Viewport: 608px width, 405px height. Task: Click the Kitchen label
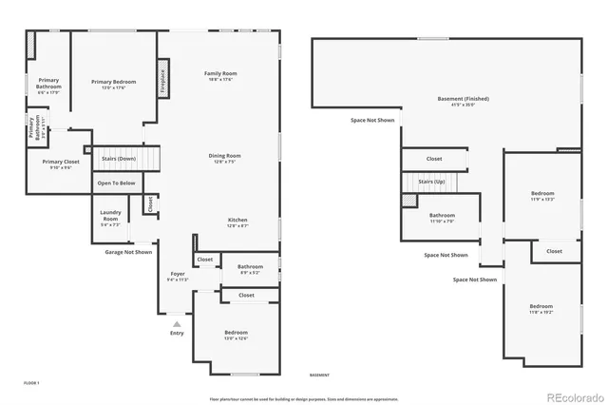237,222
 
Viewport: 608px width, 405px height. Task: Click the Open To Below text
116,183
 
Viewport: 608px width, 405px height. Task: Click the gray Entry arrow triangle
177,324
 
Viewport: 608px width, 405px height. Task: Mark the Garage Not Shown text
128,252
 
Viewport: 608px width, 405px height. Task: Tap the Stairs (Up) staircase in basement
425,181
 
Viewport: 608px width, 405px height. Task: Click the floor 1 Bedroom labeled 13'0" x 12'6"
236,336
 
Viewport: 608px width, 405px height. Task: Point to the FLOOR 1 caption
31,381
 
